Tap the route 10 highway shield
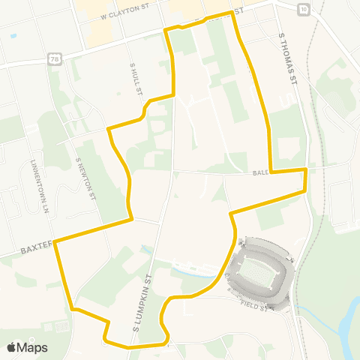coord(301,8)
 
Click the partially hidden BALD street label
coord(260,172)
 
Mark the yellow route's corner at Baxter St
coord(56,241)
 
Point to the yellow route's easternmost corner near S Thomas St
coord(306,170)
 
